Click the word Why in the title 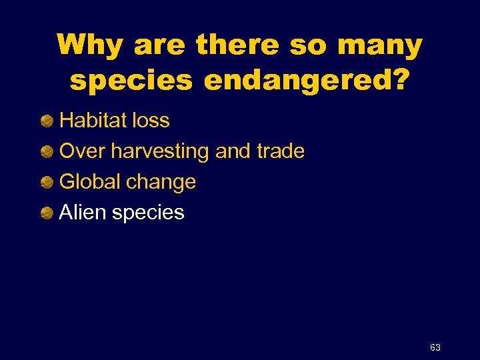(90, 46)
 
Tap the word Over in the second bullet (83, 151)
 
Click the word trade (280, 151)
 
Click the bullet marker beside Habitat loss (47, 121)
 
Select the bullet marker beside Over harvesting (47, 152)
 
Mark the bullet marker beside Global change (47, 183)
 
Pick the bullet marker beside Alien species (47, 213)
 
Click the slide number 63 (435, 347)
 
